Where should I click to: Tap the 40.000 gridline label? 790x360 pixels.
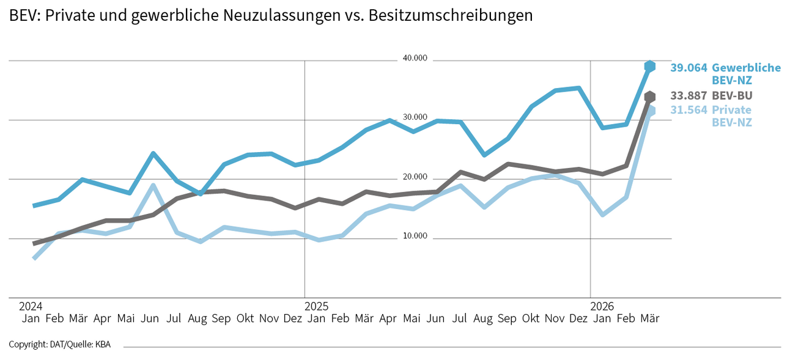(415, 59)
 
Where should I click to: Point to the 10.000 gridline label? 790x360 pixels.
(415, 237)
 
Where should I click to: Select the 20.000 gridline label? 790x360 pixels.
(415, 177)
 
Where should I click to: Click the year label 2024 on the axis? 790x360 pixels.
(31, 306)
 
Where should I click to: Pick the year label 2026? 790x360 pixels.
(602, 306)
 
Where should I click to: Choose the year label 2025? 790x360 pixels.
(317, 306)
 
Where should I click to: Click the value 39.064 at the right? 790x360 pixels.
(688, 68)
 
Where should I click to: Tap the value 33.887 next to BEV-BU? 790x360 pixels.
(688, 96)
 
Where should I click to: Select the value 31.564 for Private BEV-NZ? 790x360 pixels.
(688, 110)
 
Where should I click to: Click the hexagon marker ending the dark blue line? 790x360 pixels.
(650, 66)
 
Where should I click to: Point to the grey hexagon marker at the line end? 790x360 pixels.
(650, 97)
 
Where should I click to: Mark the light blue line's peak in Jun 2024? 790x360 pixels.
(153, 185)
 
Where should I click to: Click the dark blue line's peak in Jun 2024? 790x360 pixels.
(153, 153)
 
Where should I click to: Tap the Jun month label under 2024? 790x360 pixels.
(150, 318)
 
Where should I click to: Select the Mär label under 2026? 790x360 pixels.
(649, 318)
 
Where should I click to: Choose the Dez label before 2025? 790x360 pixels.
(293, 318)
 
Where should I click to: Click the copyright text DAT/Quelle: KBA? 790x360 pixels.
(59, 345)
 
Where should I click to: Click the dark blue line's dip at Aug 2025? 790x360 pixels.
(484, 155)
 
